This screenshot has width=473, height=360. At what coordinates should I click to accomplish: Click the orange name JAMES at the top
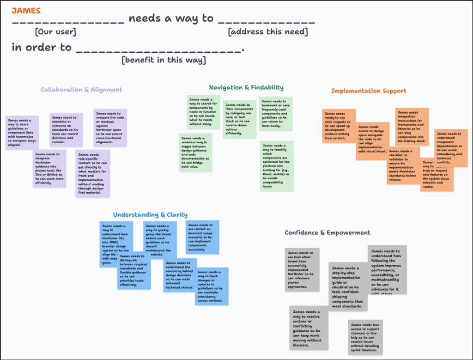tap(26, 10)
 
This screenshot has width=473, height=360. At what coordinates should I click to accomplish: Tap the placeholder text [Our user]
tap(55, 32)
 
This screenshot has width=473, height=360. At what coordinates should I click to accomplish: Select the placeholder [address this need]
tap(267, 32)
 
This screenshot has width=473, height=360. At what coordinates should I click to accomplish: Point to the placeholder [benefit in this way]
tap(164, 60)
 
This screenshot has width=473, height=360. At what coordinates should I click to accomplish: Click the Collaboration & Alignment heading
tap(81, 90)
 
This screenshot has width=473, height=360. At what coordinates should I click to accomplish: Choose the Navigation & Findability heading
tap(246, 87)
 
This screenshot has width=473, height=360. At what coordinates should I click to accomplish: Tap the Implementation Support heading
tap(369, 91)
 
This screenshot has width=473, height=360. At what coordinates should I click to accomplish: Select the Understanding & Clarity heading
tap(150, 214)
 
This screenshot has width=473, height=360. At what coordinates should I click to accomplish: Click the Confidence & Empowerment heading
tap(327, 232)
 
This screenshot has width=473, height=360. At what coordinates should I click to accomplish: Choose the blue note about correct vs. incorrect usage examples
tap(202, 237)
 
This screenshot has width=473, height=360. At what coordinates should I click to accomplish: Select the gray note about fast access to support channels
tap(365, 337)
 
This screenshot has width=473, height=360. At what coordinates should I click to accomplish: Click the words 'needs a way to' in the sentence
tap(171, 18)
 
